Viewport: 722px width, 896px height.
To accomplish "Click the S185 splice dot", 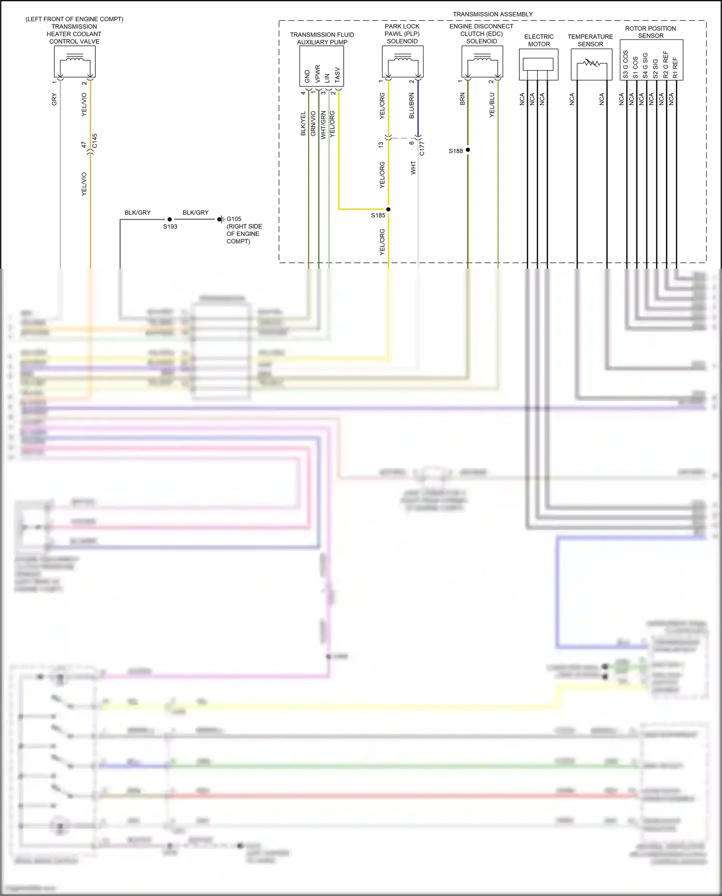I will pos(388,209).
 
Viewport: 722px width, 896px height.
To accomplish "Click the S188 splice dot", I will pos(468,150).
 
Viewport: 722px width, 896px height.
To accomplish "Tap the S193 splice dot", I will pos(169,220).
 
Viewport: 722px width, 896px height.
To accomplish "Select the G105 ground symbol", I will pos(221,220).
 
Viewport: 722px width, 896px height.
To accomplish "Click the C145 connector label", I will pos(95,141).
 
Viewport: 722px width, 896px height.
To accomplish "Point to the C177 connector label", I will pos(422,148).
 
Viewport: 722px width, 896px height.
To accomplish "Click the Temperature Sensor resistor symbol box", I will pos(591,64).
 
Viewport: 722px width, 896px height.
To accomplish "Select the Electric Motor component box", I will pos(539,64).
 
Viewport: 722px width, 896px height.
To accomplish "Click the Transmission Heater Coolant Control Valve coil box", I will pos(75,62).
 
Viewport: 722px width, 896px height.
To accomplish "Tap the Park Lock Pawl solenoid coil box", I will pos(403,61).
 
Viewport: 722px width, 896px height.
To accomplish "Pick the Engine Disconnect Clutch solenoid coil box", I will pos(482,61).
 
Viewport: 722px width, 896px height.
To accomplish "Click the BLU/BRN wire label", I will pos(412,106).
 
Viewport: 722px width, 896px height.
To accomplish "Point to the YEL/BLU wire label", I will pos(492,105).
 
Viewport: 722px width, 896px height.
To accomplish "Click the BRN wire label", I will pos(463,99).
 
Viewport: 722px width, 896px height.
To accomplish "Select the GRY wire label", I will pos(54,100).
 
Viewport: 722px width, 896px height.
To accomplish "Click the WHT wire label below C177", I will pos(413,168).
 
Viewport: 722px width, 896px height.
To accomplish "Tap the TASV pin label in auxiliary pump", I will pos(337,75).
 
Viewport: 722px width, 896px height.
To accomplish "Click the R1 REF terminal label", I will pos(675,68).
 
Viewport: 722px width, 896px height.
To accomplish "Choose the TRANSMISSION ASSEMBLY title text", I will pos(492,14).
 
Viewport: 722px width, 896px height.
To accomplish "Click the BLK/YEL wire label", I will pos(303,124).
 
